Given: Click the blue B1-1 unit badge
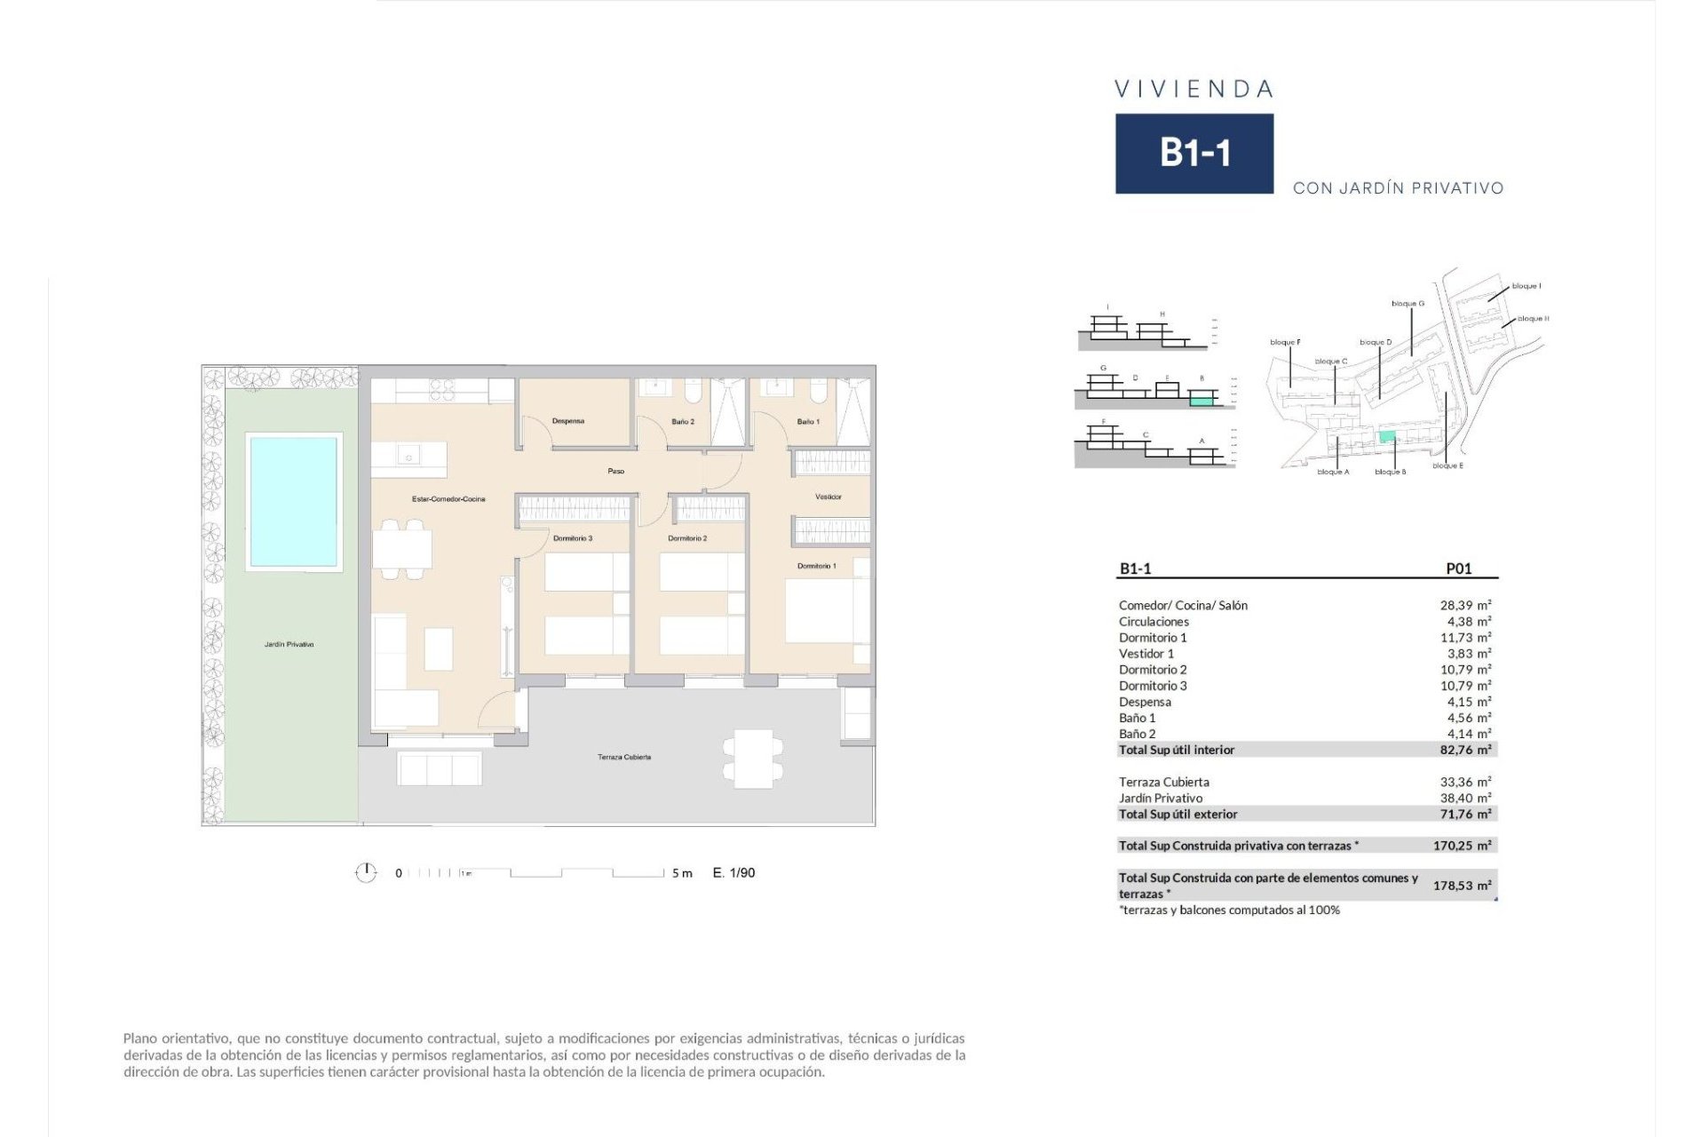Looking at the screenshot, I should pos(1193,153).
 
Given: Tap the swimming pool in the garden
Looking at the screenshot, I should pos(293,501).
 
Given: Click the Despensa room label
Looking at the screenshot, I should pos(568,421).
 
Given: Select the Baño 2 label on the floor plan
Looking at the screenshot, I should pos(683,422).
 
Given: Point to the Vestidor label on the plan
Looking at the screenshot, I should pos(828,497).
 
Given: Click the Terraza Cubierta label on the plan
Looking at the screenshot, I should pos(624,758).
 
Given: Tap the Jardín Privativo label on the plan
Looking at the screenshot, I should pos(289,645).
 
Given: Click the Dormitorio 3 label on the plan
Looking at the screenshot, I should pos(573,538).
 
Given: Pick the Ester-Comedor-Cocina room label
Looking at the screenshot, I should pos(448,499).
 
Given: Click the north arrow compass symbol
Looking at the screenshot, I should pos(366,873).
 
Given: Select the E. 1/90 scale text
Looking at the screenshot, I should pos(734,873).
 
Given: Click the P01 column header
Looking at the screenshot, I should pos(1458,568).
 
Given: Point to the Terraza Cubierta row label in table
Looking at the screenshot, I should pos(1163,782).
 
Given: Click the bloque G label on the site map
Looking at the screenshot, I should pos(1408,304).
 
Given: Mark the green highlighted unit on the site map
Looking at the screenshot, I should pos(1387,436).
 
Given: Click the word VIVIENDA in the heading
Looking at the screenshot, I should pos(1193,89).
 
